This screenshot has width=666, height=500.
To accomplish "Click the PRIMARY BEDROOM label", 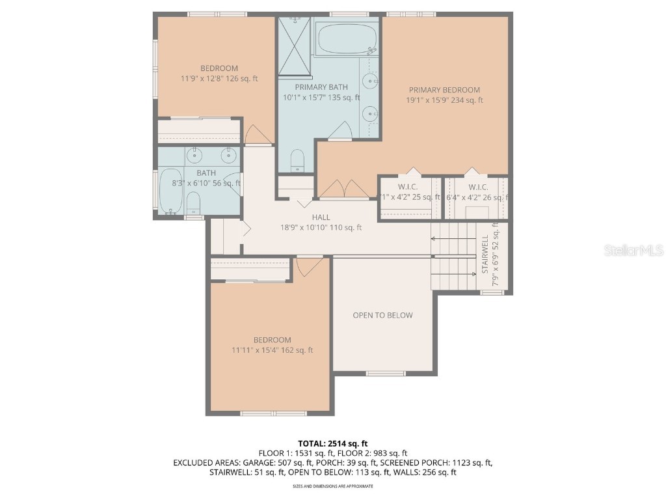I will click(444, 90).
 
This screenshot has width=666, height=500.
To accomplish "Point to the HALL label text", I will click(321, 217).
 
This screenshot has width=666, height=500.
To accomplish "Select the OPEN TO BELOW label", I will click(382, 315).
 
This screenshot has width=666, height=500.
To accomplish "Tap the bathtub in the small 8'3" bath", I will click(171, 191).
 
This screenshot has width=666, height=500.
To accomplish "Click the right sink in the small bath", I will click(228, 155).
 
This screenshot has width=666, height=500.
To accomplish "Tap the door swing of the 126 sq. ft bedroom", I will click(258, 135).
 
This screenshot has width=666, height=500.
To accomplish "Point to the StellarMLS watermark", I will click(633, 250).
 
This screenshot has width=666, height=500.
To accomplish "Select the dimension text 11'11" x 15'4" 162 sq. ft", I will click(273, 350).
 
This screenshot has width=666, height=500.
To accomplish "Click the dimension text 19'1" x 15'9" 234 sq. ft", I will click(444, 100).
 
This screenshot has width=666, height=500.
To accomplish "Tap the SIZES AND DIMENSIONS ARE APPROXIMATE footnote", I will click(332, 486).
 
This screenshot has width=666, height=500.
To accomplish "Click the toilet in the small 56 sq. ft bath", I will click(193, 202).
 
